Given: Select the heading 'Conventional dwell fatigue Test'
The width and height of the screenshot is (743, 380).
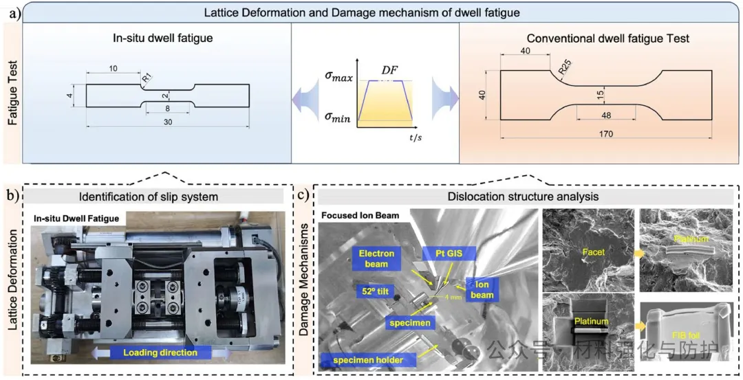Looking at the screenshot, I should [x=599, y=38].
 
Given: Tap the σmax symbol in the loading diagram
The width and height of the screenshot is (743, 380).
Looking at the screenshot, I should [x=338, y=78].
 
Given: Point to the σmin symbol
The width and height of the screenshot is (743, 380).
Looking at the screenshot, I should [x=338, y=118].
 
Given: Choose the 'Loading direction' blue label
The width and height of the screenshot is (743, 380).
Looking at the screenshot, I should [x=160, y=353].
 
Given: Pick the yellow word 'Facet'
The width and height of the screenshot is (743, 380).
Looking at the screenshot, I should [x=593, y=252].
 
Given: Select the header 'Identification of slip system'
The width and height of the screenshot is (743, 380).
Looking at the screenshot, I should [x=149, y=197].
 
